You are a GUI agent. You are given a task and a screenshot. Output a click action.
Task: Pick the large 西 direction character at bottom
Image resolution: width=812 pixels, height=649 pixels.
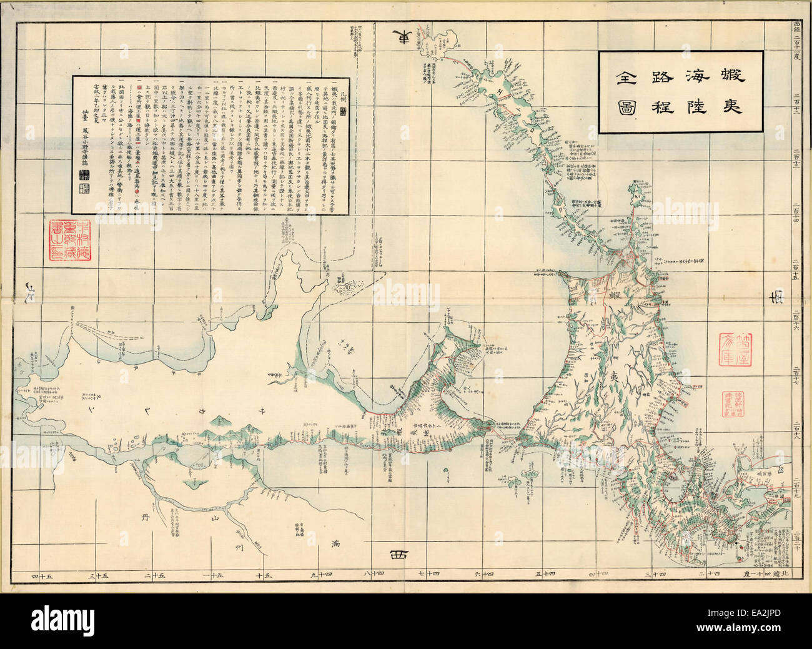(398, 555)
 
